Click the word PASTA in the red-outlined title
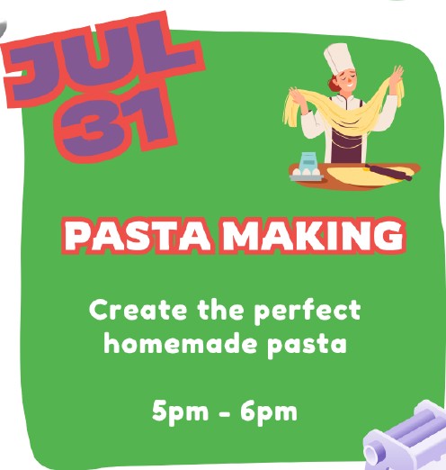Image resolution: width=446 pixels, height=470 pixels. click(x=138, y=236)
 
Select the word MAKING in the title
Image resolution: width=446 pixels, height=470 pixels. click(x=313, y=236)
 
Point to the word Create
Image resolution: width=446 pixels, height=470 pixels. click(x=138, y=311)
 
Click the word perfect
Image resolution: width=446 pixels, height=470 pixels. click(x=308, y=312)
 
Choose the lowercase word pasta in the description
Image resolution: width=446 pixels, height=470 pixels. click(x=307, y=345)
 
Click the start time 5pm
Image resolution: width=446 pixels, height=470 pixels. click(x=180, y=411)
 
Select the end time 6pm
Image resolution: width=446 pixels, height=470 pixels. click(x=269, y=411)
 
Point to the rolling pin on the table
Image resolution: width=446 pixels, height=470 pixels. click(x=388, y=172)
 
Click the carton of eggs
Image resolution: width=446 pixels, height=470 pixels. click(x=307, y=174)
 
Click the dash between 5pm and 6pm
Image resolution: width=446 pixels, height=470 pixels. click(x=224, y=413)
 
